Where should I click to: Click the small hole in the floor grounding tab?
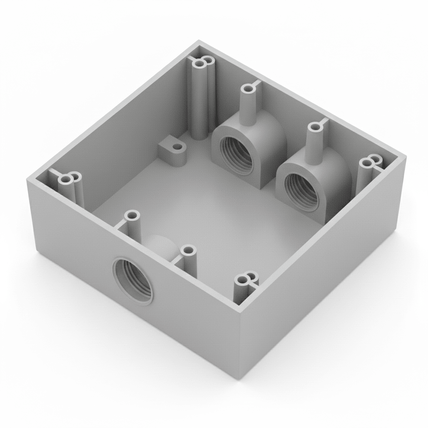coord(178,148)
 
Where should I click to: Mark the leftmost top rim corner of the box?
coord(28,179)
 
